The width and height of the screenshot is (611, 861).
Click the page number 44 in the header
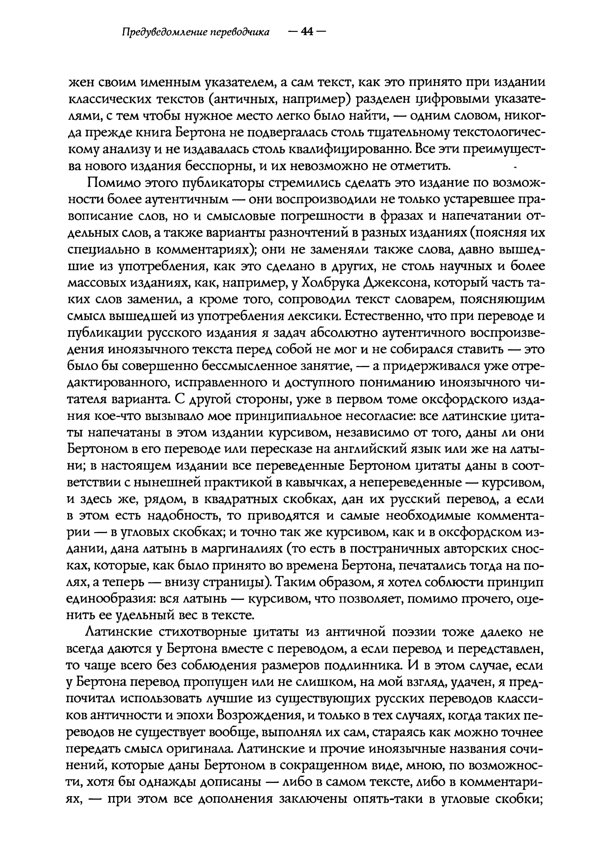[307, 32]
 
